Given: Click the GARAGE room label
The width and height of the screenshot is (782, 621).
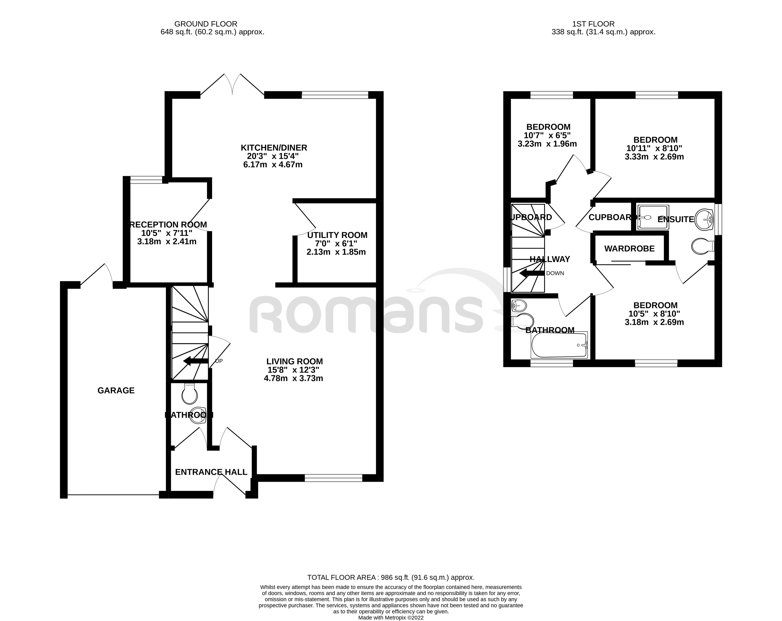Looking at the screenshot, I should pos(116,391).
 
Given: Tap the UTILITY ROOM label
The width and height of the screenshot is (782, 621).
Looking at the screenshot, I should pos(337,235).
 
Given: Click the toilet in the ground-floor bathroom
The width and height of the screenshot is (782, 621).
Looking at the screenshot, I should pos(189,394).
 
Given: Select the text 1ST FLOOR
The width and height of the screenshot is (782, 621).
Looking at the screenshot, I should pos(593,24).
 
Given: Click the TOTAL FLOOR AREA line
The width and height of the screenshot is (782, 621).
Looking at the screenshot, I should pos(391,578).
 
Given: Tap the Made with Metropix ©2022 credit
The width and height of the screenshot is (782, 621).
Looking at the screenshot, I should pos(391,618).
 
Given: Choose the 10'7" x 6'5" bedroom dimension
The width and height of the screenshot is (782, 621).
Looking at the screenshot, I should pos(547,136).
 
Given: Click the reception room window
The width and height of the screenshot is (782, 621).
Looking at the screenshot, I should pos(146,180).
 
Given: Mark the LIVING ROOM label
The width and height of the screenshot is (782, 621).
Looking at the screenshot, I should pos(295,362).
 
